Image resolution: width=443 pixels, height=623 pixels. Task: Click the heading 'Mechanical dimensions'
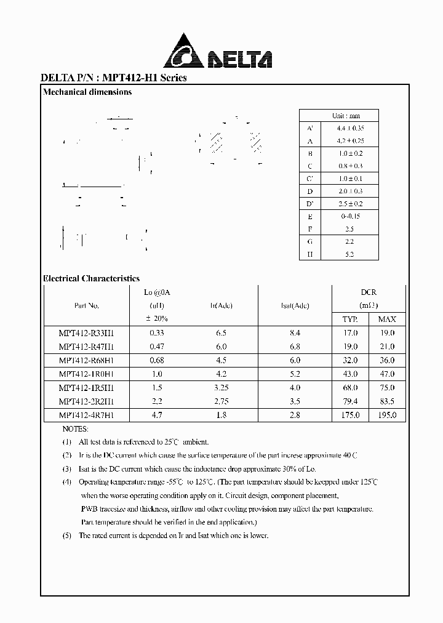point(87,92)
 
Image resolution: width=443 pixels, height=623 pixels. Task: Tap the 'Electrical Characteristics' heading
point(92,278)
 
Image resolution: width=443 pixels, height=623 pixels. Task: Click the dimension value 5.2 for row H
point(349,254)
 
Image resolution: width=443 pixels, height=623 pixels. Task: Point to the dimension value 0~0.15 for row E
point(349,216)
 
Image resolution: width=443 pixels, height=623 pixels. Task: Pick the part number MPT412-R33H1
point(86,332)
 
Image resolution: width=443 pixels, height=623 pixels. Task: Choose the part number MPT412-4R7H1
point(86,416)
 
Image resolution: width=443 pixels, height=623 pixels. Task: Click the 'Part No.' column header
point(86,306)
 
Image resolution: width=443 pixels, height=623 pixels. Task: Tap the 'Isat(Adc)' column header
point(295,306)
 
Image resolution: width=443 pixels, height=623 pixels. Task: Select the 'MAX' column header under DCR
point(387,319)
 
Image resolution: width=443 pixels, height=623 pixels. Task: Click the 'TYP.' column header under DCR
point(350,319)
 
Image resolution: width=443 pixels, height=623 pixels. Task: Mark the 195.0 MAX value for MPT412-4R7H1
point(387,416)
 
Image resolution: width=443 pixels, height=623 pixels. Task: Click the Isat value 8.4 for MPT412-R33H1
point(295,332)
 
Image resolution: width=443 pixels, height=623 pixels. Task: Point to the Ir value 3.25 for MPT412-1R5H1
point(221,388)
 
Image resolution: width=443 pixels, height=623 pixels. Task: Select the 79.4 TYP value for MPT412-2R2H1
point(350,401)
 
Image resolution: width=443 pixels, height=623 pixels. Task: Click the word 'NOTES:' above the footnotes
point(76,428)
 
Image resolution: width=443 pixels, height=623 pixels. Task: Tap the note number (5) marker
point(67,536)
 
